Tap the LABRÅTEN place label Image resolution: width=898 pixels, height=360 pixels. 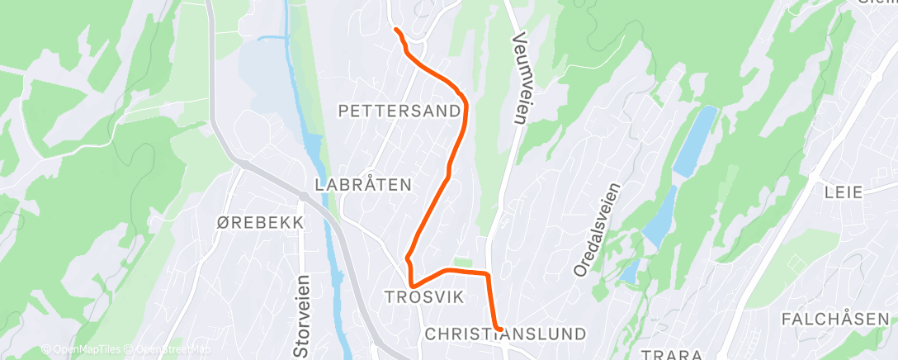coord(363,185)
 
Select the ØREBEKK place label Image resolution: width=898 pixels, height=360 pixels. coord(261,223)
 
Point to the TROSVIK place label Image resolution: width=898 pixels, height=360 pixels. coord(425,296)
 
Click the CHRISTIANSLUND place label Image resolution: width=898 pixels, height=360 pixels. coord(505,334)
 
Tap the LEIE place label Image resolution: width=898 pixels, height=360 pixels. coord(844,192)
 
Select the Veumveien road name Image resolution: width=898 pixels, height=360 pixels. coord(519,78)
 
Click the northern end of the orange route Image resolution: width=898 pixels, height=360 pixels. coord(397,31)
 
